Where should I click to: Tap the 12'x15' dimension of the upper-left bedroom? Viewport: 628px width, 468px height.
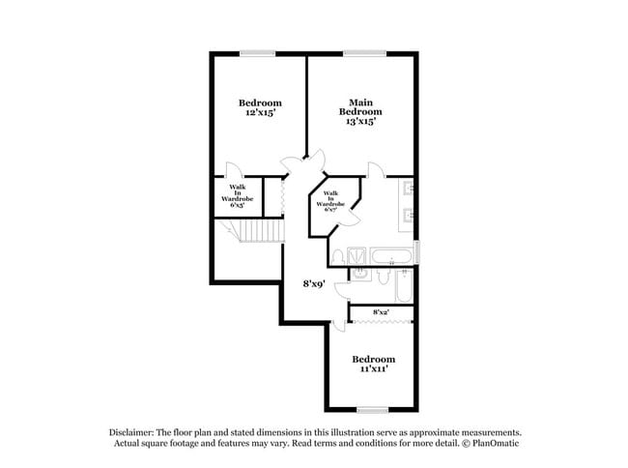(x=260, y=113)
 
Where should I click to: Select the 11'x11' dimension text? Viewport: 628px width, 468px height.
(x=373, y=368)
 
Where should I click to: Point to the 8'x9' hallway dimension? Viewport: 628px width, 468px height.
(x=314, y=284)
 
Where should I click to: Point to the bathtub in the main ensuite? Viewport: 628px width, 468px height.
(x=391, y=257)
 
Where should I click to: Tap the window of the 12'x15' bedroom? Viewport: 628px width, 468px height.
(x=257, y=53)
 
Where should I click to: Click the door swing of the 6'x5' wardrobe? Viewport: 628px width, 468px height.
(x=235, y=168)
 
